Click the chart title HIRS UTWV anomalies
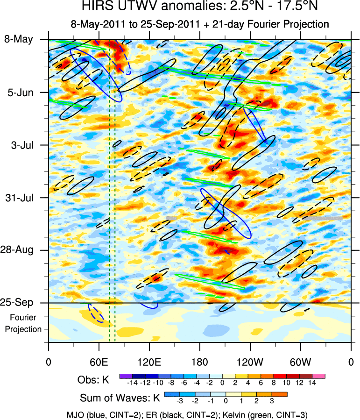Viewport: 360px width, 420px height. (180, 7)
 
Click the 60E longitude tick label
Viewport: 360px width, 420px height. (99, 362)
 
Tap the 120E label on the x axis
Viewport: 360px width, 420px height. (149, 362)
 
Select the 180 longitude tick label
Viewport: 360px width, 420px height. (199, 362)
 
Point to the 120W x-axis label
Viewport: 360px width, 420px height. (250, 362)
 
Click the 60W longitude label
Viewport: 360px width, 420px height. (300, 362)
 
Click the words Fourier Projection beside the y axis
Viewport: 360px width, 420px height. (26, 323)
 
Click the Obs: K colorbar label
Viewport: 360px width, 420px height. (93, 380)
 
